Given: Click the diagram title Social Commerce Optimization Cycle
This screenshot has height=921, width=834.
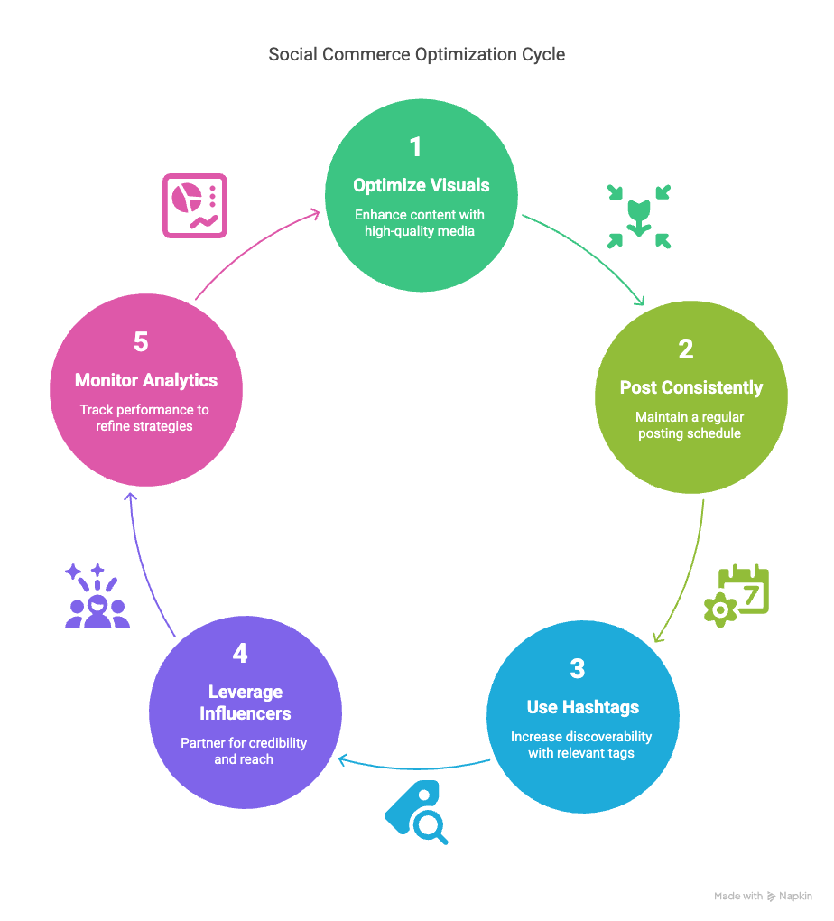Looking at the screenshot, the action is click(x=416, y=54).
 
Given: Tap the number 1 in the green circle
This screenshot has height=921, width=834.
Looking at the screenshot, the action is click(x=416, y=147).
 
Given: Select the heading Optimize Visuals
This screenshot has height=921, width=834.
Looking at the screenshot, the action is click(x=422, y=186).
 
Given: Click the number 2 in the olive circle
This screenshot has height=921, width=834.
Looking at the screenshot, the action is click(x=686, y=349).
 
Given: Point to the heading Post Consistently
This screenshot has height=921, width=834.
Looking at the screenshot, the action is click(x=691, y=387).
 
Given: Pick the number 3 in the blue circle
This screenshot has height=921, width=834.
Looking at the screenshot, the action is click(x=578, y=668).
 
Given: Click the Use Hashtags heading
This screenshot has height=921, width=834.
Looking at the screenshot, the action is click(x=582, y=707).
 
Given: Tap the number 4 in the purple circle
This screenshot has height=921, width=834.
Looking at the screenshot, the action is click(x=240, y=653).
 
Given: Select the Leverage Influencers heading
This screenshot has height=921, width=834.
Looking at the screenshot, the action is click(x=246, y=702).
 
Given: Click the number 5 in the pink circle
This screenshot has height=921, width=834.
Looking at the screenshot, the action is click(x=141, y=342).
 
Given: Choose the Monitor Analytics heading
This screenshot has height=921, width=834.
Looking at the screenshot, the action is click(x=146, y=381).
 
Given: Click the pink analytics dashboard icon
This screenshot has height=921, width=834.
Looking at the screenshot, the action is click(x=195, y=206).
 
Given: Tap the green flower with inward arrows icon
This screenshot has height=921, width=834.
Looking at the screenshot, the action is click(x=639, y=217).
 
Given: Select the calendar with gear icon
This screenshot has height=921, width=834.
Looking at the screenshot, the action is click(x=737, y=596).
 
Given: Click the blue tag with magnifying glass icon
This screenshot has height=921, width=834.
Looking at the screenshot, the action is click(x=416, y=813).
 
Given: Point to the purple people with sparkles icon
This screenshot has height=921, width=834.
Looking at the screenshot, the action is click(x=97, y=596).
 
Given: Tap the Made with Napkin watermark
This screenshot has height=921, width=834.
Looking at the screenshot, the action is click(x=763, y=897).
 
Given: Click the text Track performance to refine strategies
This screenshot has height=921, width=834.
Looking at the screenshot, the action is click(x=144, y=418).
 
